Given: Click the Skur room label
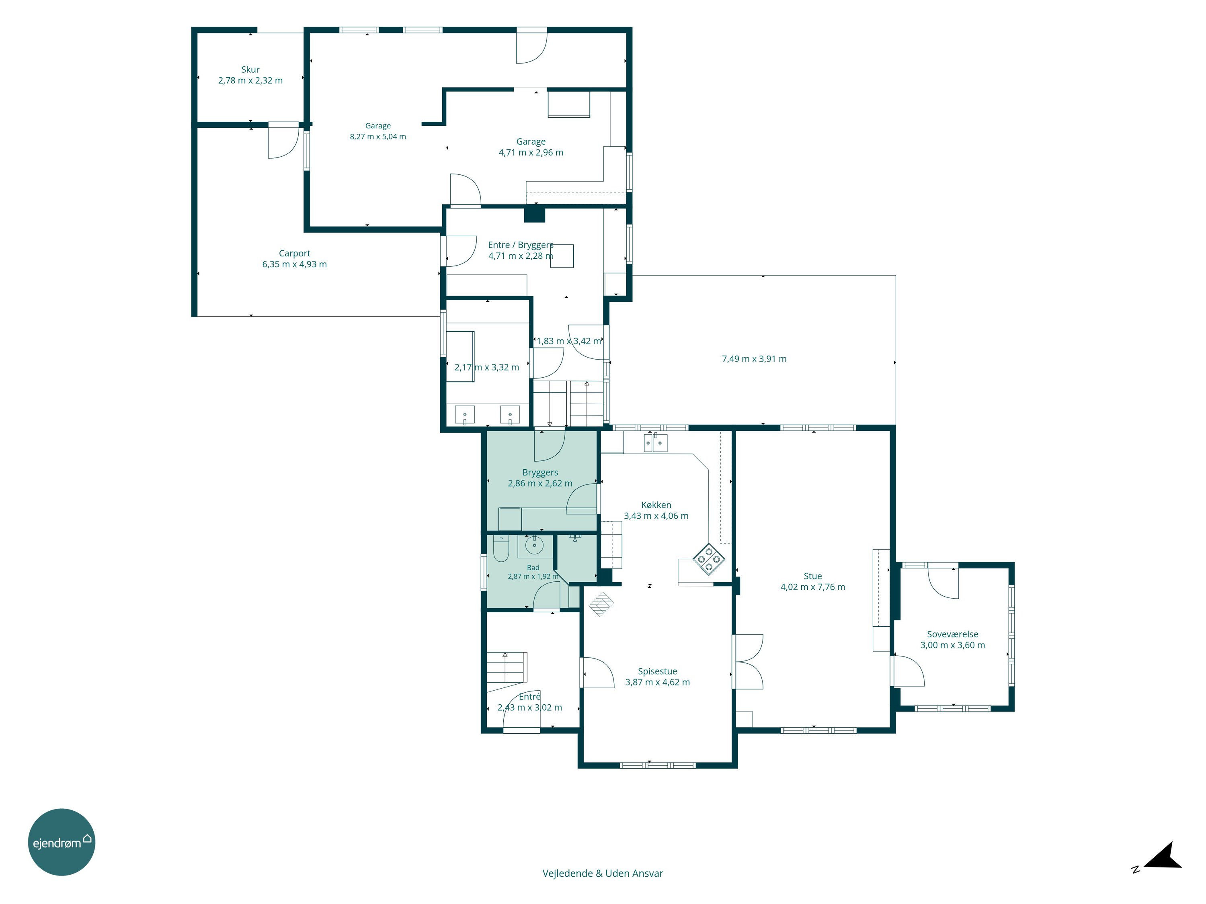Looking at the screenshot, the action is point(250,70).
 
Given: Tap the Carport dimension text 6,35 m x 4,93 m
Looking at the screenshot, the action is point(294,264).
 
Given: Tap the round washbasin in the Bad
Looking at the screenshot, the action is point(534,545).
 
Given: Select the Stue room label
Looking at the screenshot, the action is point(812,576).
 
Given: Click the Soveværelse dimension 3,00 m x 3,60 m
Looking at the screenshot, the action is point(952,645).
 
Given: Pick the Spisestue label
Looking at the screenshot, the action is point(658,671).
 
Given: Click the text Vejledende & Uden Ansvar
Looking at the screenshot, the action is point(603,873).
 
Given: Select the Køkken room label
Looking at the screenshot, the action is point(656,505).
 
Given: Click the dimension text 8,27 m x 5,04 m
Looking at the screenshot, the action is point(378,137).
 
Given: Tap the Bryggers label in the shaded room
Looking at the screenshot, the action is point(540,472).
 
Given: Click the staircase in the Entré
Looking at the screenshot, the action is point(507,667).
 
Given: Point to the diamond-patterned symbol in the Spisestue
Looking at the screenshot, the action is point(600,604).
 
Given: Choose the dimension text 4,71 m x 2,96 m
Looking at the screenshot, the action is point(531,153).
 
